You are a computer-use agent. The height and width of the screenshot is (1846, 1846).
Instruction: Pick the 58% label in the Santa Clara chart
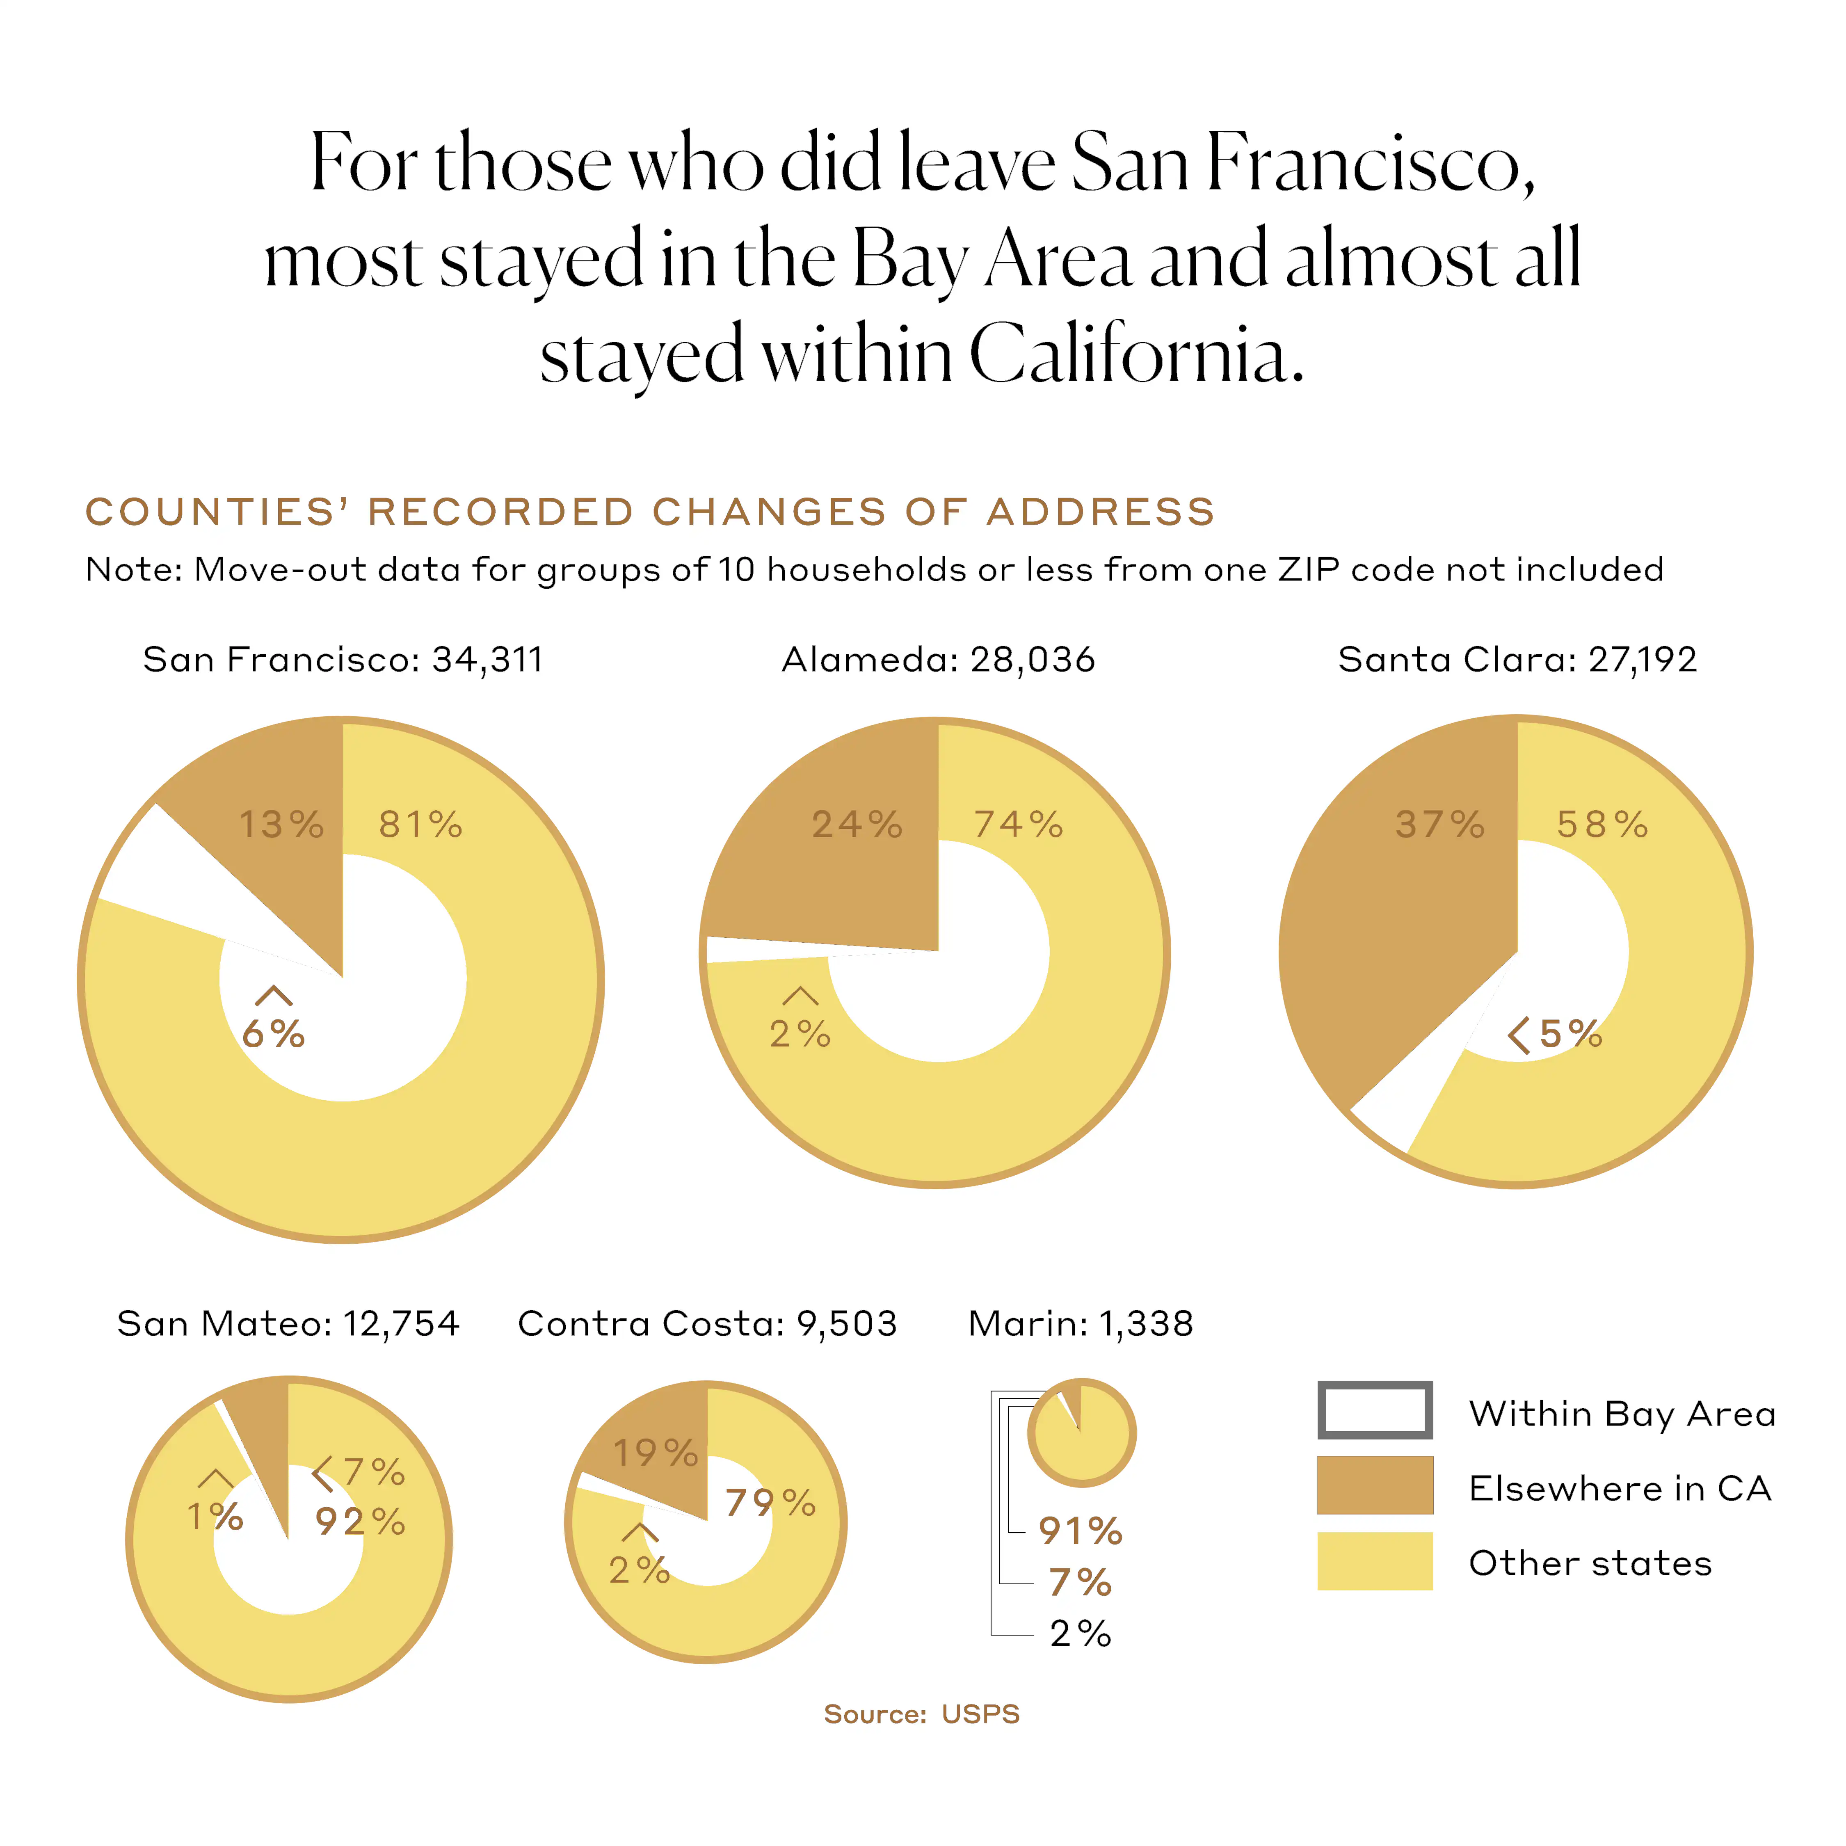(x=1602, y=825)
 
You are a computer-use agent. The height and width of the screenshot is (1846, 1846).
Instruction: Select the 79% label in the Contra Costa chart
(x=770, y=1503)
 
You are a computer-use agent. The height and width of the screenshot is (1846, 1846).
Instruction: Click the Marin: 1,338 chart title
(x=1081, y=1323)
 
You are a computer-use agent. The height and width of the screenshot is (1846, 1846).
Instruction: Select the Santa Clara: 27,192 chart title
(x=1517, y=659)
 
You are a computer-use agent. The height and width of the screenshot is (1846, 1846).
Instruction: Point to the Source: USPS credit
(x=922, y=1714)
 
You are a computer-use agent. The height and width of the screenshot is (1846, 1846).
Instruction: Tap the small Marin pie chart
(x=1082, y=1433)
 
